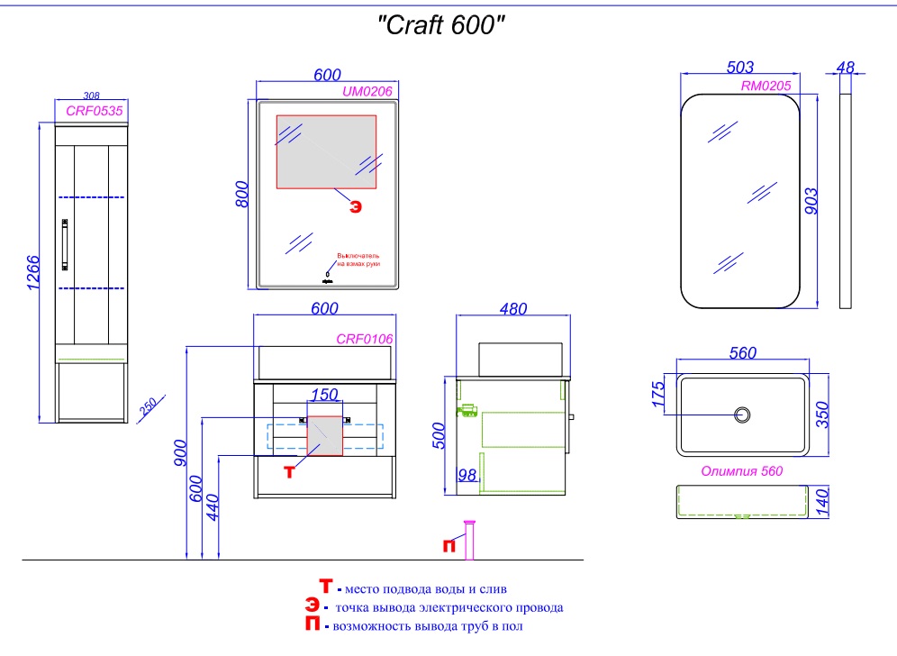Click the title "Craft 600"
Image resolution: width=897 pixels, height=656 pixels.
tap(439, 26)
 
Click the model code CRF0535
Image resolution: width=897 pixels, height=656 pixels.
tap(95, 112)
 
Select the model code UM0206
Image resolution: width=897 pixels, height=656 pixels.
tap(367, 91)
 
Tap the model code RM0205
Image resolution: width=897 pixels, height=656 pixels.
tap(766, 86)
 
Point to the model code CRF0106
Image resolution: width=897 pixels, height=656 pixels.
tap(364, 339)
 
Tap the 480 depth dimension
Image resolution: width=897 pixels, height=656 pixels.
tap(513, 308)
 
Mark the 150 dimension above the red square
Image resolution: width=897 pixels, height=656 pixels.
tap(325, 395)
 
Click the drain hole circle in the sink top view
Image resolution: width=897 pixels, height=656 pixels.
tap(743, 415)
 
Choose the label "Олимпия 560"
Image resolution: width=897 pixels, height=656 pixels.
tap(742, 470)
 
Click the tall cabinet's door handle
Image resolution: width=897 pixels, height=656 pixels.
tap(65, 244)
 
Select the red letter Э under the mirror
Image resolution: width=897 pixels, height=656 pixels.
tap(356, 206)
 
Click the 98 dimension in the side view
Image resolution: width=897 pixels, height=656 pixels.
tap(466, 475)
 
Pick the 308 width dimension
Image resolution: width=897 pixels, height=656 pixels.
tap(90, 96)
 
